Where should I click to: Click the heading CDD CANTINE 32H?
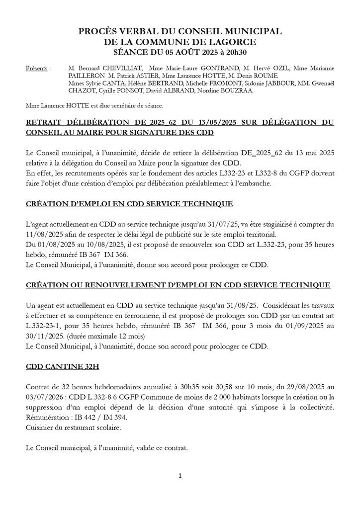coord(62,367)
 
